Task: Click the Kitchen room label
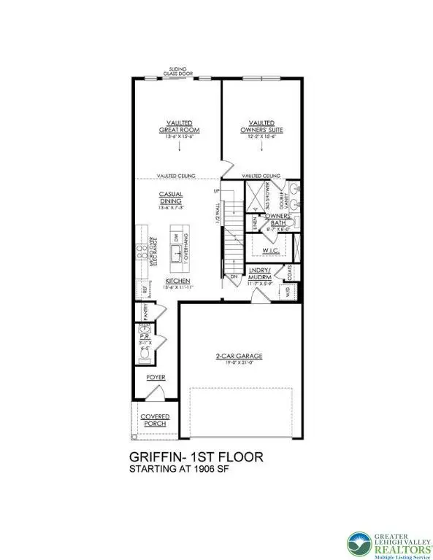click(x=177, y=281)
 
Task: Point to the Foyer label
click(x=155, y=378)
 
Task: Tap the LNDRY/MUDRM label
click(x=261, y=275)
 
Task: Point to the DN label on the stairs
click(x=233, y=277)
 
